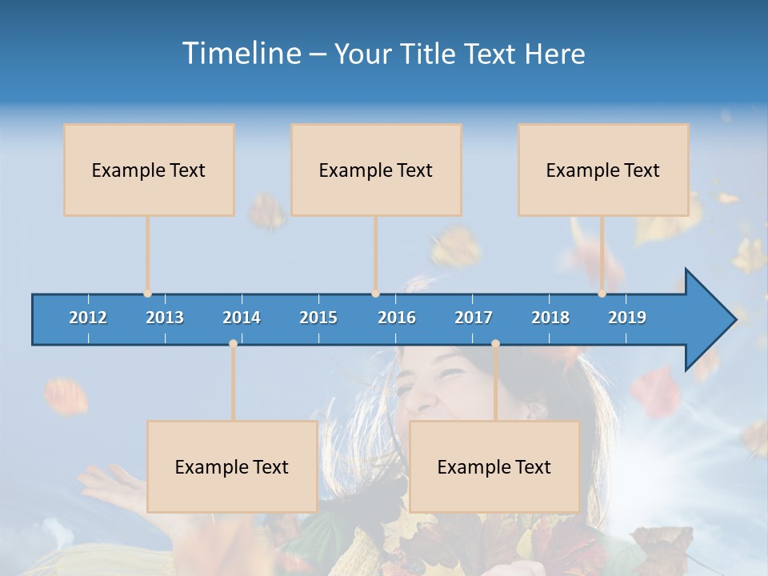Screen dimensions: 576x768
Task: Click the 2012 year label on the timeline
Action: [88, 318]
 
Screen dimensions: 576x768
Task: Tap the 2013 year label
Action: [165, 318]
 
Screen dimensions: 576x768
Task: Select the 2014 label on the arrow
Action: [242, 318]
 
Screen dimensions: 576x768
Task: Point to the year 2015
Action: [318, 318]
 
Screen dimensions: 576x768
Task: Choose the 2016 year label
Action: [397, 318]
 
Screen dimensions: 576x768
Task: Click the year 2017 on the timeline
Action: [474, 318]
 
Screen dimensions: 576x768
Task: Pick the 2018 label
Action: [550, 318]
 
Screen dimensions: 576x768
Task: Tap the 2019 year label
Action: [627, 318]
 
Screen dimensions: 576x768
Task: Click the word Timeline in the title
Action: [240, 54]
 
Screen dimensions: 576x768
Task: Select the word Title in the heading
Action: [427, 54]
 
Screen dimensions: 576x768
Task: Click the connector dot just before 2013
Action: [147, 294]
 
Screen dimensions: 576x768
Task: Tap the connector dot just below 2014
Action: [233, 343]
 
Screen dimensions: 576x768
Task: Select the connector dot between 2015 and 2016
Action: [375, 294]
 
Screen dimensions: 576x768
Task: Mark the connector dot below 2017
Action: [495, 343]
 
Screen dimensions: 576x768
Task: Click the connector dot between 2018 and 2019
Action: [602, 294]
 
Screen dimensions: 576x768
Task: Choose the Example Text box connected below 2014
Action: [232, 466]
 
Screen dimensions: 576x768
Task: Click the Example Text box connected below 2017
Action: [494, 466]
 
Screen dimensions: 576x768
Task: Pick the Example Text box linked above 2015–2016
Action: [376, 170]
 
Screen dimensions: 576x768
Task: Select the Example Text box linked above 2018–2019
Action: [603, 170]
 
